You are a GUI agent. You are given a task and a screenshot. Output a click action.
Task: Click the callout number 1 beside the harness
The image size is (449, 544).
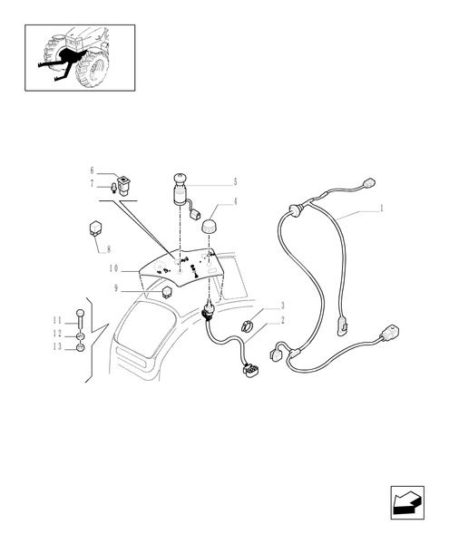point(380,208)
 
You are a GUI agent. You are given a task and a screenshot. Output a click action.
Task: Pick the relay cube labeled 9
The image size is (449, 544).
point(168,291)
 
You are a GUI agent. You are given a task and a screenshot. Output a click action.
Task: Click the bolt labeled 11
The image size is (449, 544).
point(81,317)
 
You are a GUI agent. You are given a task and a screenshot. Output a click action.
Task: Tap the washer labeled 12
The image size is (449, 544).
point(81,335)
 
